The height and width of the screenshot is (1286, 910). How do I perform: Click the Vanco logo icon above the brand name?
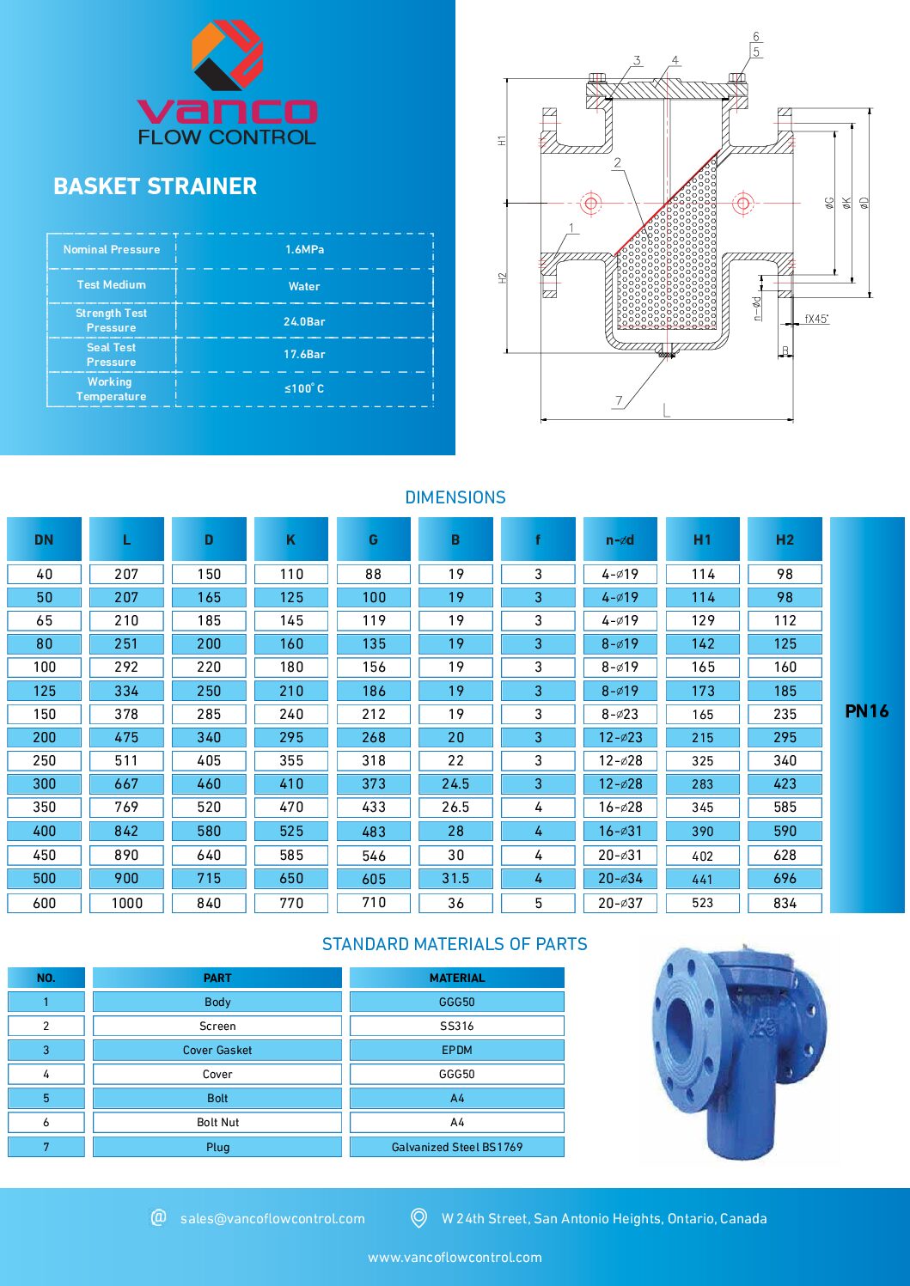click(227, 55)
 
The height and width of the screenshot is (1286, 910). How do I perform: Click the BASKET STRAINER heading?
click(155, 186)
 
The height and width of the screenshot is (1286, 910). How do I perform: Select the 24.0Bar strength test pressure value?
click(304, 321)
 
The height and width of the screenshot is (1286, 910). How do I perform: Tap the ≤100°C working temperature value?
click(304, 388)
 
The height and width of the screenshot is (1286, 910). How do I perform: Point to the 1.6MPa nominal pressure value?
click(304, 249)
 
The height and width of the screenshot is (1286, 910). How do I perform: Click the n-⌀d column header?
click(620, 539)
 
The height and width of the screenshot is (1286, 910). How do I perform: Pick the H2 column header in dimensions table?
click(785, 539)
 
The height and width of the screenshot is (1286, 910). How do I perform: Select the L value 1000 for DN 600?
click(126, 903)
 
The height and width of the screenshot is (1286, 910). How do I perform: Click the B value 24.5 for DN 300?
click(455, 783)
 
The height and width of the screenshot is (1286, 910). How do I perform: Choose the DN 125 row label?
click(44, 691)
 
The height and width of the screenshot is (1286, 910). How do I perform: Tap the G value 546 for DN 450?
click(373, 856)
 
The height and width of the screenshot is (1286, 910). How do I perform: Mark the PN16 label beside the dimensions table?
click(866, 711)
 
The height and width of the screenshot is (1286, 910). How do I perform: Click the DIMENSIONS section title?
click(455, 497)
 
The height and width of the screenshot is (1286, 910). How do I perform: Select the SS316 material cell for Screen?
click(456, 1026)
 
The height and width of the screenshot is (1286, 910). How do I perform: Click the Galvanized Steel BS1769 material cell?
click(456, 1147)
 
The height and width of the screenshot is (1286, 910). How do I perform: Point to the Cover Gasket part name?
click(217, 1050)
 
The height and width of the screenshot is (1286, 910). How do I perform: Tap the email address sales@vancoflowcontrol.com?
click(272, 1218)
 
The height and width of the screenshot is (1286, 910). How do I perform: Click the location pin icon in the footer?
click(419, 1217)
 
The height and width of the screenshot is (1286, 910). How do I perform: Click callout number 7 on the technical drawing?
click(619, 400)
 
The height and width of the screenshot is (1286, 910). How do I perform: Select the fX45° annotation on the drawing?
click(815, 319)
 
